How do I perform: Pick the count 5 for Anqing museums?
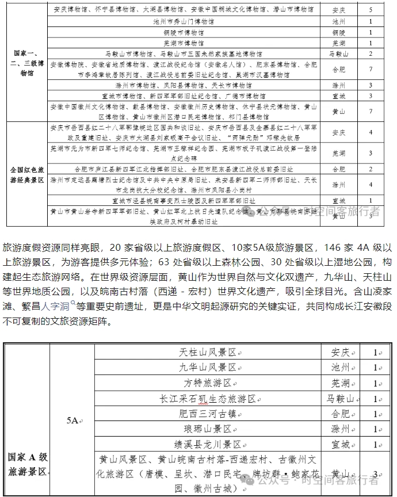pyautogui.click(x=371, y=10)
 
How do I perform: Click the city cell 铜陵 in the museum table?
pyautogui.click(x=338, y=32)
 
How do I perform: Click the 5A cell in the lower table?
pyautogui.click(x=72, y=420)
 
